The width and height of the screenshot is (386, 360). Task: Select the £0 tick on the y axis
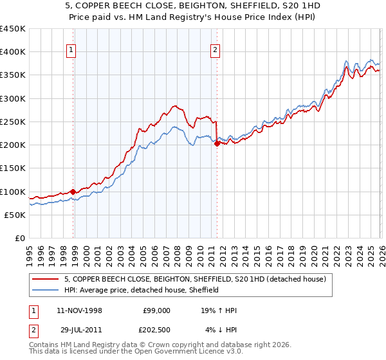(x=19, y=239)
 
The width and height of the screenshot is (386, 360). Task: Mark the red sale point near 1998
(x=73, y=192)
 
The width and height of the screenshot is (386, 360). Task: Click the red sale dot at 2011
(x=217, y=144)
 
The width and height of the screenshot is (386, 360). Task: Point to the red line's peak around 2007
(x=174, y=106)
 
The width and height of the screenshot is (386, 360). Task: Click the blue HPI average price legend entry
(x=142, y=290)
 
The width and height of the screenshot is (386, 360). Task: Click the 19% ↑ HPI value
(x=219, y=310)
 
